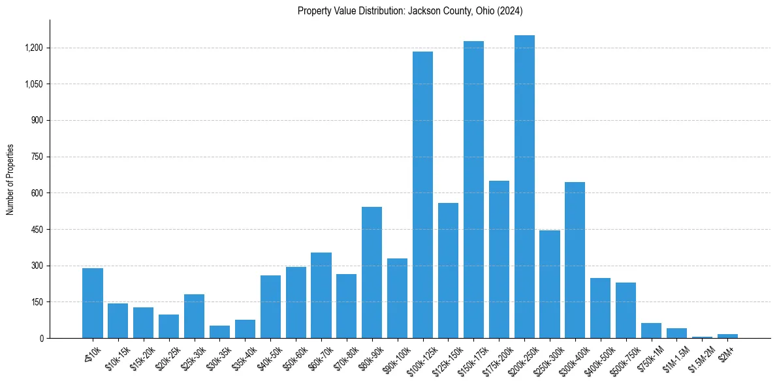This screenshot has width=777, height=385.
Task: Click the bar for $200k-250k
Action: pyautogui.click(x=524, y=187)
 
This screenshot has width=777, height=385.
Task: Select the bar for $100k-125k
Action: pyautogui.click(x=422, y=194)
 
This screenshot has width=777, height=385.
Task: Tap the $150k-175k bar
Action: pyautogui.click(x=473, y=189)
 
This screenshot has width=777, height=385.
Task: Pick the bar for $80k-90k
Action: pyautogui.click(x=372, y=272)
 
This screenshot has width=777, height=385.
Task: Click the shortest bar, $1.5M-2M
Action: pyautogui.click(x=702, y=337)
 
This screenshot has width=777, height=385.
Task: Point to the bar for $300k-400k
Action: pyautogui.click(x=575, y=260)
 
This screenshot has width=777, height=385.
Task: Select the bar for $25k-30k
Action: pyautogui.click(x=194, y=316)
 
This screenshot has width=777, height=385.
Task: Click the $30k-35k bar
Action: pyautogui.click(x=219, y=331)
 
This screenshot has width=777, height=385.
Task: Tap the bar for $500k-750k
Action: pyautogui.click(x=626, y=310)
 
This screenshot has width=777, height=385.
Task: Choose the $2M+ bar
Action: pyautogui.click(x=727, y=335)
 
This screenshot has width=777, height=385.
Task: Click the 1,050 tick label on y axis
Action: pyautogui.click(x=33, y=84)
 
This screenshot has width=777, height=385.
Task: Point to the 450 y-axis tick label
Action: pyautogui.click(x=37, y=229)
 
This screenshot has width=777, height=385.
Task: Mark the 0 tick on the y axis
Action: pyautogui.click(x=41, y=338)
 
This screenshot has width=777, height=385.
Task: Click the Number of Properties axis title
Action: pyautogui.click(x=10, y=179)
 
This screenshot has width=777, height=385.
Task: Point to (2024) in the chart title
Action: pyautogui.click(x=508, y=11)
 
